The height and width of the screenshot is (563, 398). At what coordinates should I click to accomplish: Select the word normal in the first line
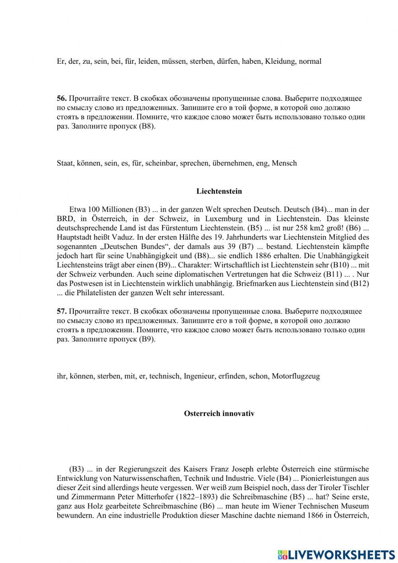(x=310, y=61)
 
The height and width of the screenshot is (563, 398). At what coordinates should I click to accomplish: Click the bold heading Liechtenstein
(x=219, y=191)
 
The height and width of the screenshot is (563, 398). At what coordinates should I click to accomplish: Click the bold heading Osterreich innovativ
(x=219, y=414)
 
